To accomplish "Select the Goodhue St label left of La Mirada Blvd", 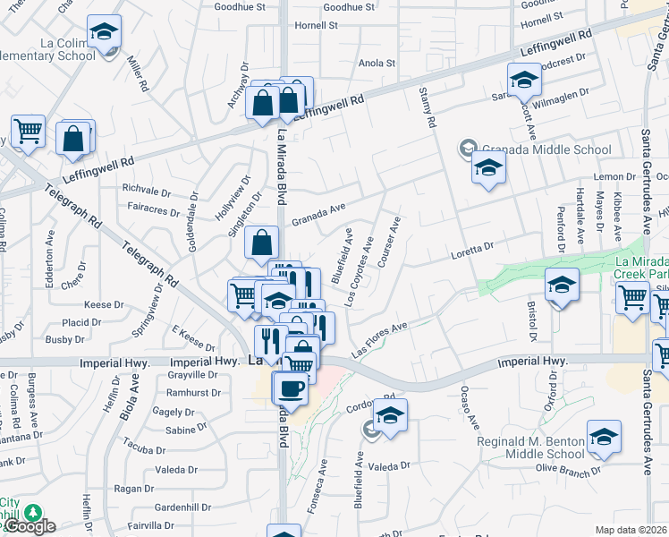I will tap(241, 6).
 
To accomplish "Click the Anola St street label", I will tap(377, 64).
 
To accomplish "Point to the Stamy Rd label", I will tap(427, 107).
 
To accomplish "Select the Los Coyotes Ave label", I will tap(361, 259).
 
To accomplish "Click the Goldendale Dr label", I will tap(193, 222).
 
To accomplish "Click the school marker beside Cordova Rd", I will tap(389, 416).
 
